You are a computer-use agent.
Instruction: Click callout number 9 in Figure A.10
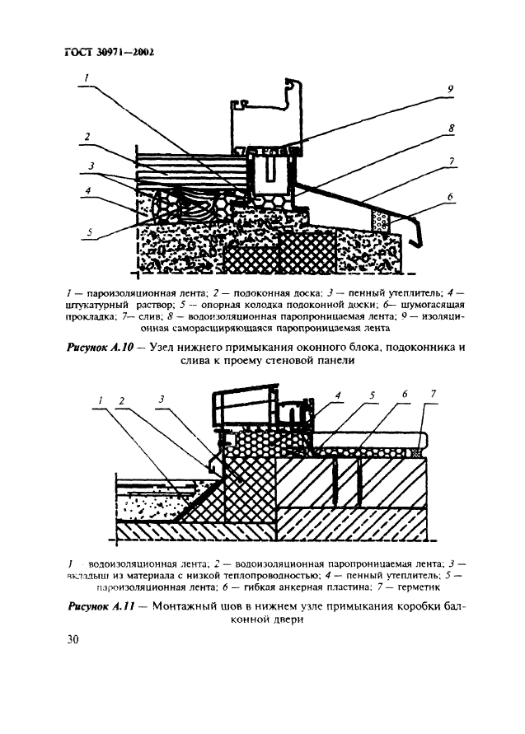coord(450,89)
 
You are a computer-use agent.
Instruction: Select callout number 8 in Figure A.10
coord(452,129)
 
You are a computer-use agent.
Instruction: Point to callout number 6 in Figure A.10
coord(451,198)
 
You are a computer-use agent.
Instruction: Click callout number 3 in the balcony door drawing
coord(162,400)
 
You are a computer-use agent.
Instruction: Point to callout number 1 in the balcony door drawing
coord(100,400)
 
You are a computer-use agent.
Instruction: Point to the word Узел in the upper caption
coord(172,347)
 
